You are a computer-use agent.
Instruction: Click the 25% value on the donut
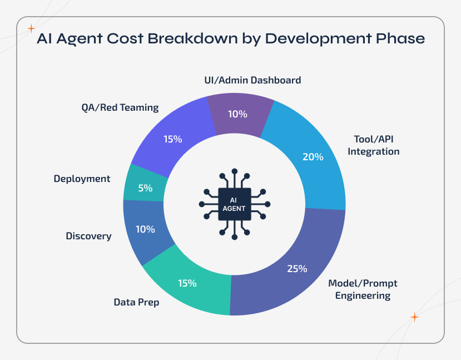[x=297, y=269]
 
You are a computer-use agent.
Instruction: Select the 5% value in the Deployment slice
[x=145, y=188]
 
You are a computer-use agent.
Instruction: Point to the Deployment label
[x=82, y=179]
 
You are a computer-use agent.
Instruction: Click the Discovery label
[x=88, y=236]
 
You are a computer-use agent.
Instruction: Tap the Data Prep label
[x=136, y=303]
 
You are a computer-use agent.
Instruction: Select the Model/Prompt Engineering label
[x=363, y=289]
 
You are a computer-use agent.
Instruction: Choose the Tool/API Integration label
[x=373, y=145]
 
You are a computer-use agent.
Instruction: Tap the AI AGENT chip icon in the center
[x=234, y=204]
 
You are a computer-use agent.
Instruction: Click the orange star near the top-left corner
[x=31, y=28]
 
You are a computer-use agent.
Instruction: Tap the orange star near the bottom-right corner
[x=414, y=317]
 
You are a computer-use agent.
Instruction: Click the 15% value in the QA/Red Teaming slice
[x=172, y=139]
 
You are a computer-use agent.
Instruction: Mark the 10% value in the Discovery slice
[x=145, y=229]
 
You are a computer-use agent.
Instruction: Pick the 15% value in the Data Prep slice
[x=187, y=283]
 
